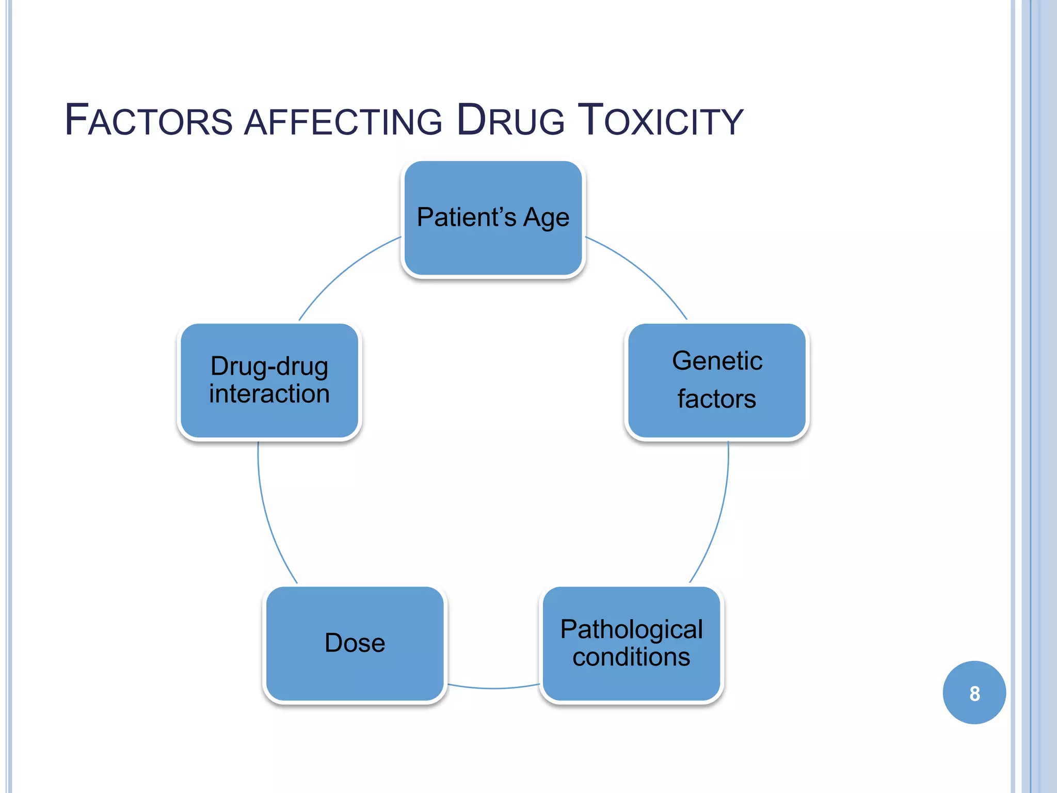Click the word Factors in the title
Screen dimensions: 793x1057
pyautogui.click(x=149, y=121)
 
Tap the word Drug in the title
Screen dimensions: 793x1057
pyautogui.click(x=511, y=121)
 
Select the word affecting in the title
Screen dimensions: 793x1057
pyautogui.click(x=343, y=122)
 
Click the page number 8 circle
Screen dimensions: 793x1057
pyautogui.click(x=974, y=692)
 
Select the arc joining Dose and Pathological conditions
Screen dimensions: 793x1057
pyautogui.click(x=493, y=688)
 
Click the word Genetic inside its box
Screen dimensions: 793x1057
pyautogui.click(x=717, y=360)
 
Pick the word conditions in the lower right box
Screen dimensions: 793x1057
pyautogui.click(x=631, y=657)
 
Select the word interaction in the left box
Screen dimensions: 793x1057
pyautogui.click(x=269, y=394)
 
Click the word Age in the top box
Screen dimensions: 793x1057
pyautogui.click(x=546, y=218)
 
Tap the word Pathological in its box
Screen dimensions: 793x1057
pyautogui.click(x=631, y=629)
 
